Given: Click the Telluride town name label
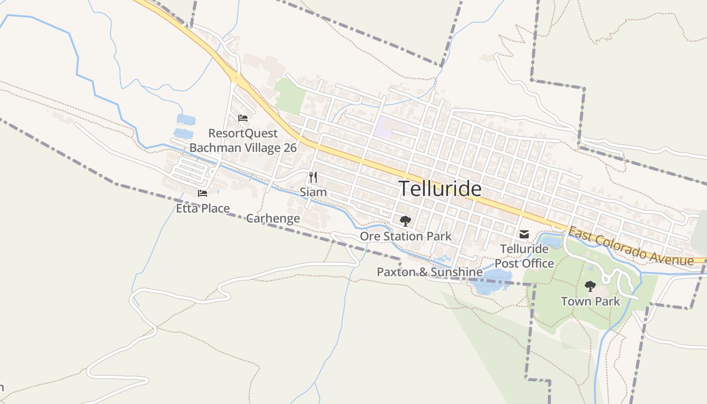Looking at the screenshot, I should click(x=440, y=188).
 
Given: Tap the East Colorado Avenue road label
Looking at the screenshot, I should click(x=631, y=246).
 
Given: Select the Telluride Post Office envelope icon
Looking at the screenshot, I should click(x=524, y=234).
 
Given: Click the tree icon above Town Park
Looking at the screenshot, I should click(x=590, y=286).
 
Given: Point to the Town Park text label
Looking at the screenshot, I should click(x=590, y=301).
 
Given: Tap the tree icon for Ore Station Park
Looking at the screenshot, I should click(x=405, y=221).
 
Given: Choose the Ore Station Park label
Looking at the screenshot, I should click(x=406, y=236).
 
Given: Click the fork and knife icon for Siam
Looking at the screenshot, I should click(x=313, y=177).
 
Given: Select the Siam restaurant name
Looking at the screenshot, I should click(x=313, y=192).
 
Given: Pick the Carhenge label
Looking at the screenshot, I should click(x=273, y=218).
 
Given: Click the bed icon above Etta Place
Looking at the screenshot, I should click(x=203, y=193).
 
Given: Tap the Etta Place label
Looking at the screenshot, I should click(x=203, y=208).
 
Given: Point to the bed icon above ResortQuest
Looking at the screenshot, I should click(x=243, y=119).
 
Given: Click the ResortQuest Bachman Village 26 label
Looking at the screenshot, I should click(x=243, y=140).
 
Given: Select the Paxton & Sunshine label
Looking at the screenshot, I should click(x=429, y=272).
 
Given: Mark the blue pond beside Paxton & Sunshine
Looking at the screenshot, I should click(x=490, y=281).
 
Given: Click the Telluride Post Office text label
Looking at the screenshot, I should click(x=524, y=256).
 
